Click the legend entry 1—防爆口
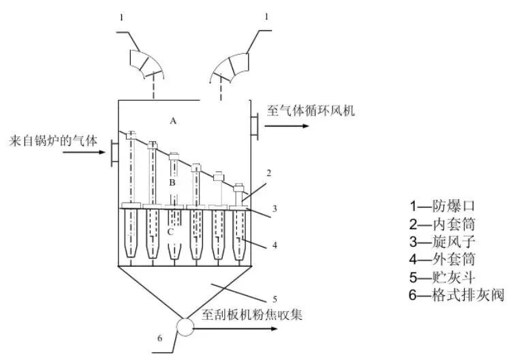click(x=443, y=205)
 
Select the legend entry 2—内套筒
click(x=443, y=223)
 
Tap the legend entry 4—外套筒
click(x=443, y=259)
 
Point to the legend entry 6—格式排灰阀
click(x=457, y=295)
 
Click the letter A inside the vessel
click(x=173, y=121)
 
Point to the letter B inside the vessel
click(x=172, y=183)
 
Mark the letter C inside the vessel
click(x=171, y=232)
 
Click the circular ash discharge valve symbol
click(x=184, y=328)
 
